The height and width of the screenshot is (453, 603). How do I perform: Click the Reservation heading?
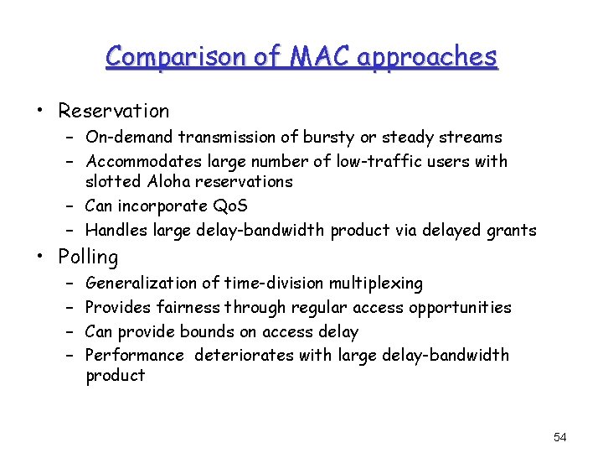pyautogui.click(x=113, y=111)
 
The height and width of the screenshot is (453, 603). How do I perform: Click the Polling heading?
pyautogui.click(x=88, y=257)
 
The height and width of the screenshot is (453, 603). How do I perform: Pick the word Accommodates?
pyautogui.click(x=139, y=160)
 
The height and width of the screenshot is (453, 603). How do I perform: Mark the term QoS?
pyautogui.click(x=229, y=206)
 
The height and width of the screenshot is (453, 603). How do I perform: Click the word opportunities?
pyautogui.click(x=456, y=307)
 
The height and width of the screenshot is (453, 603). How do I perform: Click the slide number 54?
pyautogui.click(x=560, y=437)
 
